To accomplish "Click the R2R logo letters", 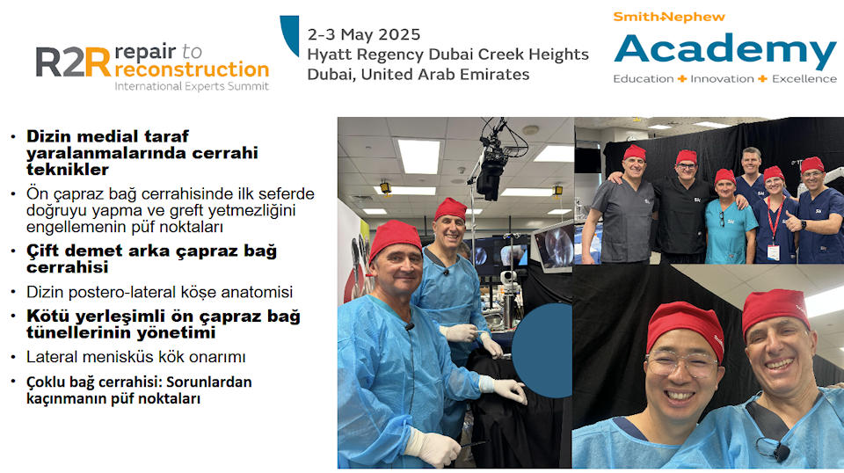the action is [x=73, y=62].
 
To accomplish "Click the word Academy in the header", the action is [x=725, y=51].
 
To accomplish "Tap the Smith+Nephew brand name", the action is [x=669, y=17].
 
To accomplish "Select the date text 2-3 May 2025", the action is [x=363, y=34].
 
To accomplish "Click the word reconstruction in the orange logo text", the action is [x=192, y=69].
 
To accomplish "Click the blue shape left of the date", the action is [x=290, y=35].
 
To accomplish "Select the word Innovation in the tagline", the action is [x=722, y=78].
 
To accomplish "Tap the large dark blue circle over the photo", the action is [x=542, y=350].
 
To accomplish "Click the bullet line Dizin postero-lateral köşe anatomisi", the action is [x=159, y=292].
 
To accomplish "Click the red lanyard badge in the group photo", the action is [x=774, y=252].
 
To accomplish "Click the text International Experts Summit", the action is [x=192, y=86].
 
